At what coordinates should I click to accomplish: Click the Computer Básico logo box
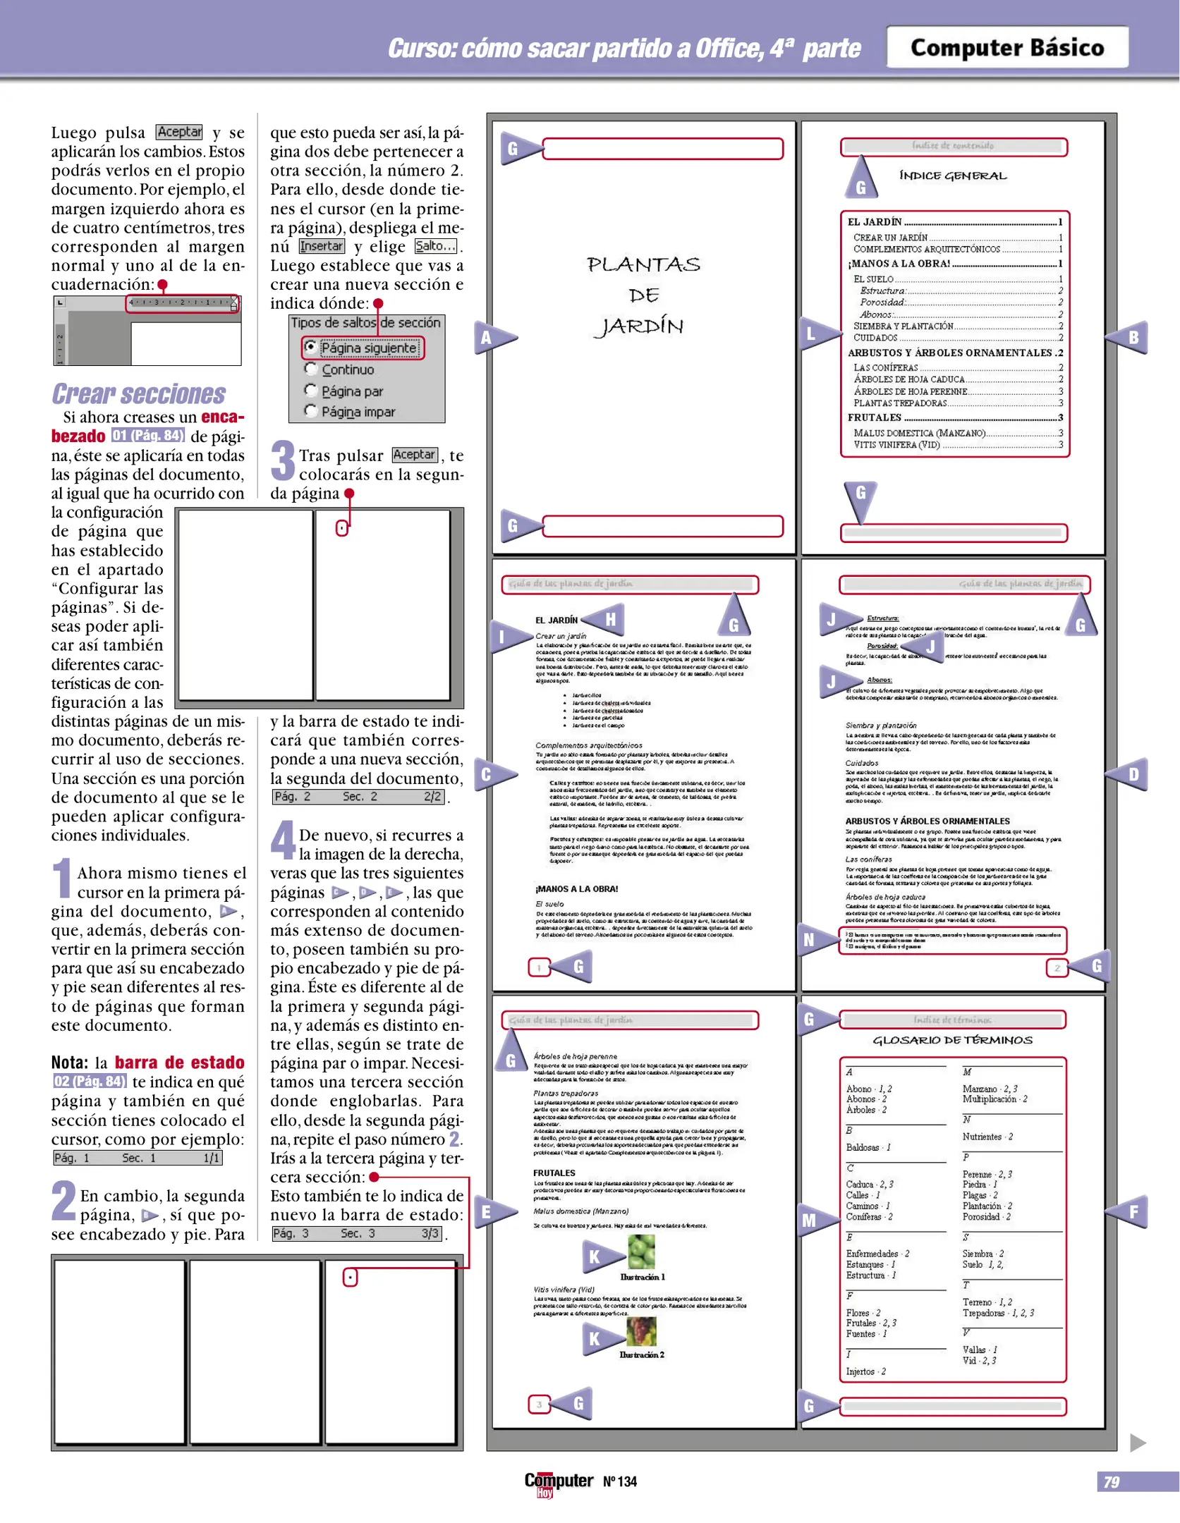[x=1006, y=47]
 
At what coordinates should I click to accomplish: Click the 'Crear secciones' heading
[x=138, y=393]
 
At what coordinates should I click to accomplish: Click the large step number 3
[x=283, y=460]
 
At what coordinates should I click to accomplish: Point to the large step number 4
[x=283, y=840]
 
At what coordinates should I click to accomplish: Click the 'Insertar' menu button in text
[x=322, y=246]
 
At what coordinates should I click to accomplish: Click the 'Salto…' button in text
[x=435, y=246]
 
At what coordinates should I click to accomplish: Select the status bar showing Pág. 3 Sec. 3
[x=357, y=1233]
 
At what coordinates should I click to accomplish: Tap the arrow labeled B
[x=1129, y=337]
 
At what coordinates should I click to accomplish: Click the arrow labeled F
[x=1129, y=1211]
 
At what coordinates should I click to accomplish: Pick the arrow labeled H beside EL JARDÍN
[x=607, y=619]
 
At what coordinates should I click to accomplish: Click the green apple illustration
[x=641, y=1252]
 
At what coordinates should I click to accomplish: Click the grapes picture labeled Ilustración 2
[x=641, y=1331]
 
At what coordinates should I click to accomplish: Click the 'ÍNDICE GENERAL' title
[x=953, y=176]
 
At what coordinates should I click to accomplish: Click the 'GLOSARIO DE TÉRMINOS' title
[x=952, y=1040]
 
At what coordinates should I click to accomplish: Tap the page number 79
[x=1112, y=1481]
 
